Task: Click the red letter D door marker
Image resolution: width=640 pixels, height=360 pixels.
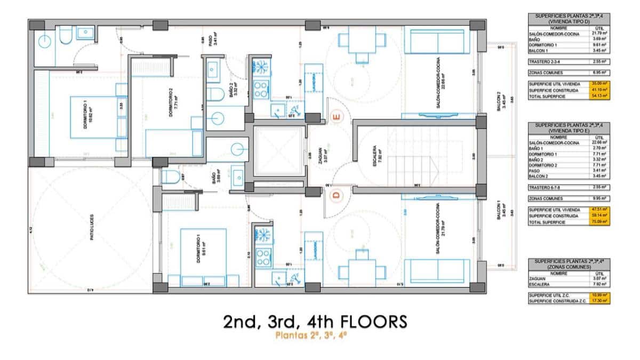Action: point(336,195)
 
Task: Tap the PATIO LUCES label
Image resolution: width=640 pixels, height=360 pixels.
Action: point(92,227)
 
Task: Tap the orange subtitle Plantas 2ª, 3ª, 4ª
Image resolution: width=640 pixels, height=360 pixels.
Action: point(311,336)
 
